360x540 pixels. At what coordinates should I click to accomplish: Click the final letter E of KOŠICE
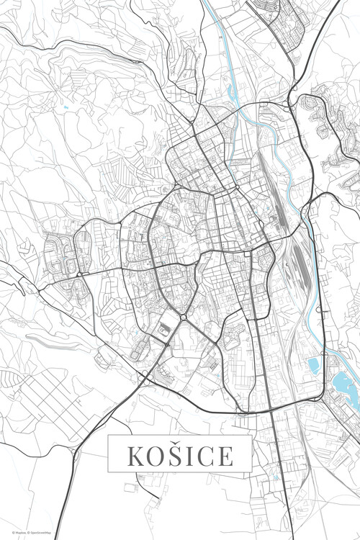[x=225, y=456]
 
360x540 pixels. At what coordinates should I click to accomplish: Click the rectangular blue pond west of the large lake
[x=314, y=366]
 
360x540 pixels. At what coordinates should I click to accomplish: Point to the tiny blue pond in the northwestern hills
[x=66, y=107]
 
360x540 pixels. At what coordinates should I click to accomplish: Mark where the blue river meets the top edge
[x=204, y=2]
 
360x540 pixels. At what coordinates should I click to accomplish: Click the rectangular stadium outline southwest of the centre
[x=165, y=329]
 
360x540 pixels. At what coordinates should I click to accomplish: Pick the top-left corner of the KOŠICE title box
[x=109, y=436]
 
